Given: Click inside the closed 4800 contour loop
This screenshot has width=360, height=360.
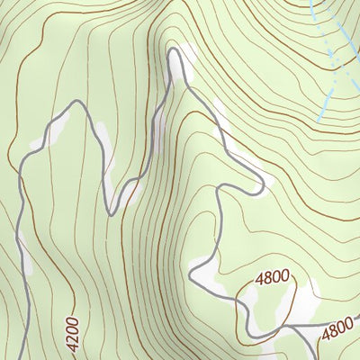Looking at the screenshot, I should click(x=261, y=310).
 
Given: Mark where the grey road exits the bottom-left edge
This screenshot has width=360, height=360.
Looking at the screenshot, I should click(x=27, y=357).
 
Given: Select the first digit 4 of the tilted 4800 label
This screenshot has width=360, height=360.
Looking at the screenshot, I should click(x=325, y=336).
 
